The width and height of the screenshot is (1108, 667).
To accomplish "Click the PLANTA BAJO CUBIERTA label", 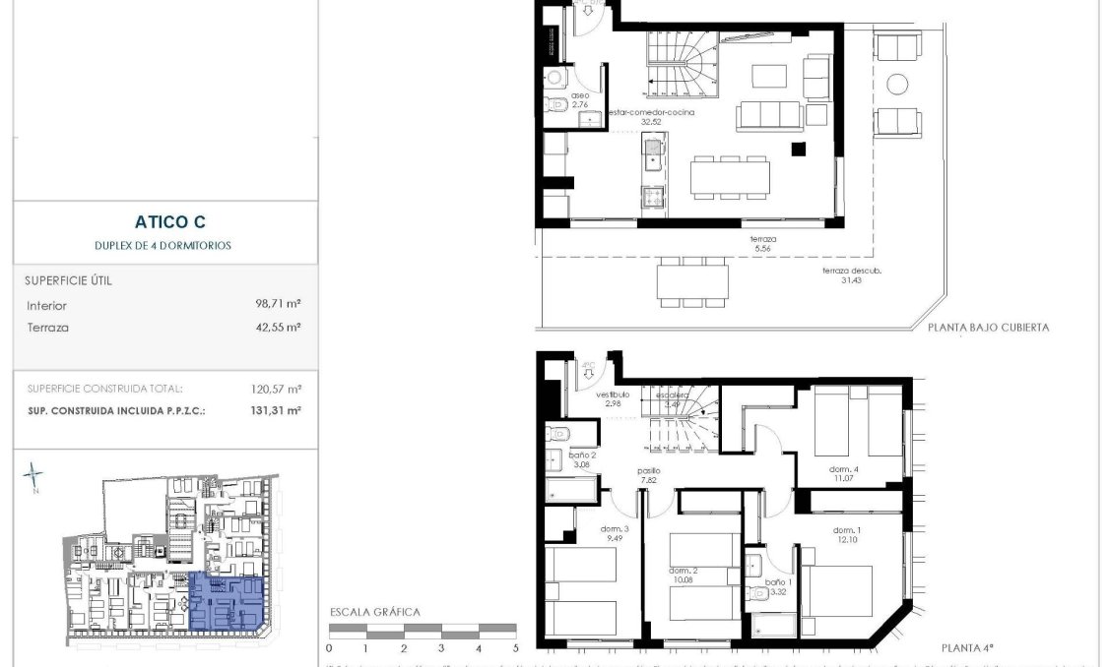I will (x=988, y=328).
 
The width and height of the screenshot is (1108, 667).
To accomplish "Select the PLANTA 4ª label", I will (x=967, y=647).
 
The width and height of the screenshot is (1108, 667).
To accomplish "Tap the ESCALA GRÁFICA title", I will (x=374, y=612).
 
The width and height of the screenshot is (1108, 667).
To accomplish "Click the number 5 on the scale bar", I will (x=515, y=648).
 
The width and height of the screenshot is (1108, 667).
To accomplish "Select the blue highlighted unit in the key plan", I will (x=226, y=601).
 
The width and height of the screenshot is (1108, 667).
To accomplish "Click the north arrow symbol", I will (x=33, y=477).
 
